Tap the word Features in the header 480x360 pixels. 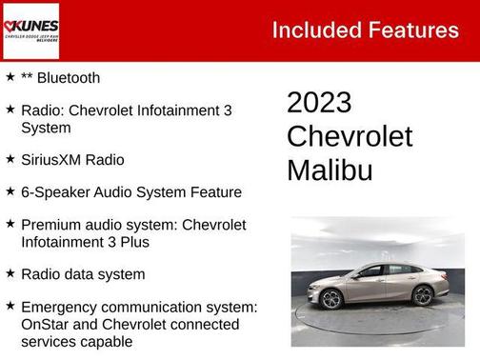tap(411, 30)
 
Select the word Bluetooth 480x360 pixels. tap(69, 78)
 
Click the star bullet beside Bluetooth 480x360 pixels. tap(10, 76)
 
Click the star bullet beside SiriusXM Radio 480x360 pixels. tap(10, 158)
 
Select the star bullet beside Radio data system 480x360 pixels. tap(10, 272)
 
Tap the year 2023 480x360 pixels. tap(319, 103)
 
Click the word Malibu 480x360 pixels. tap(329, 170)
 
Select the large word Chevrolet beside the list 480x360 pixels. tap(350, 136)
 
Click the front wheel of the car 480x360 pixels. tap(332, 299)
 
